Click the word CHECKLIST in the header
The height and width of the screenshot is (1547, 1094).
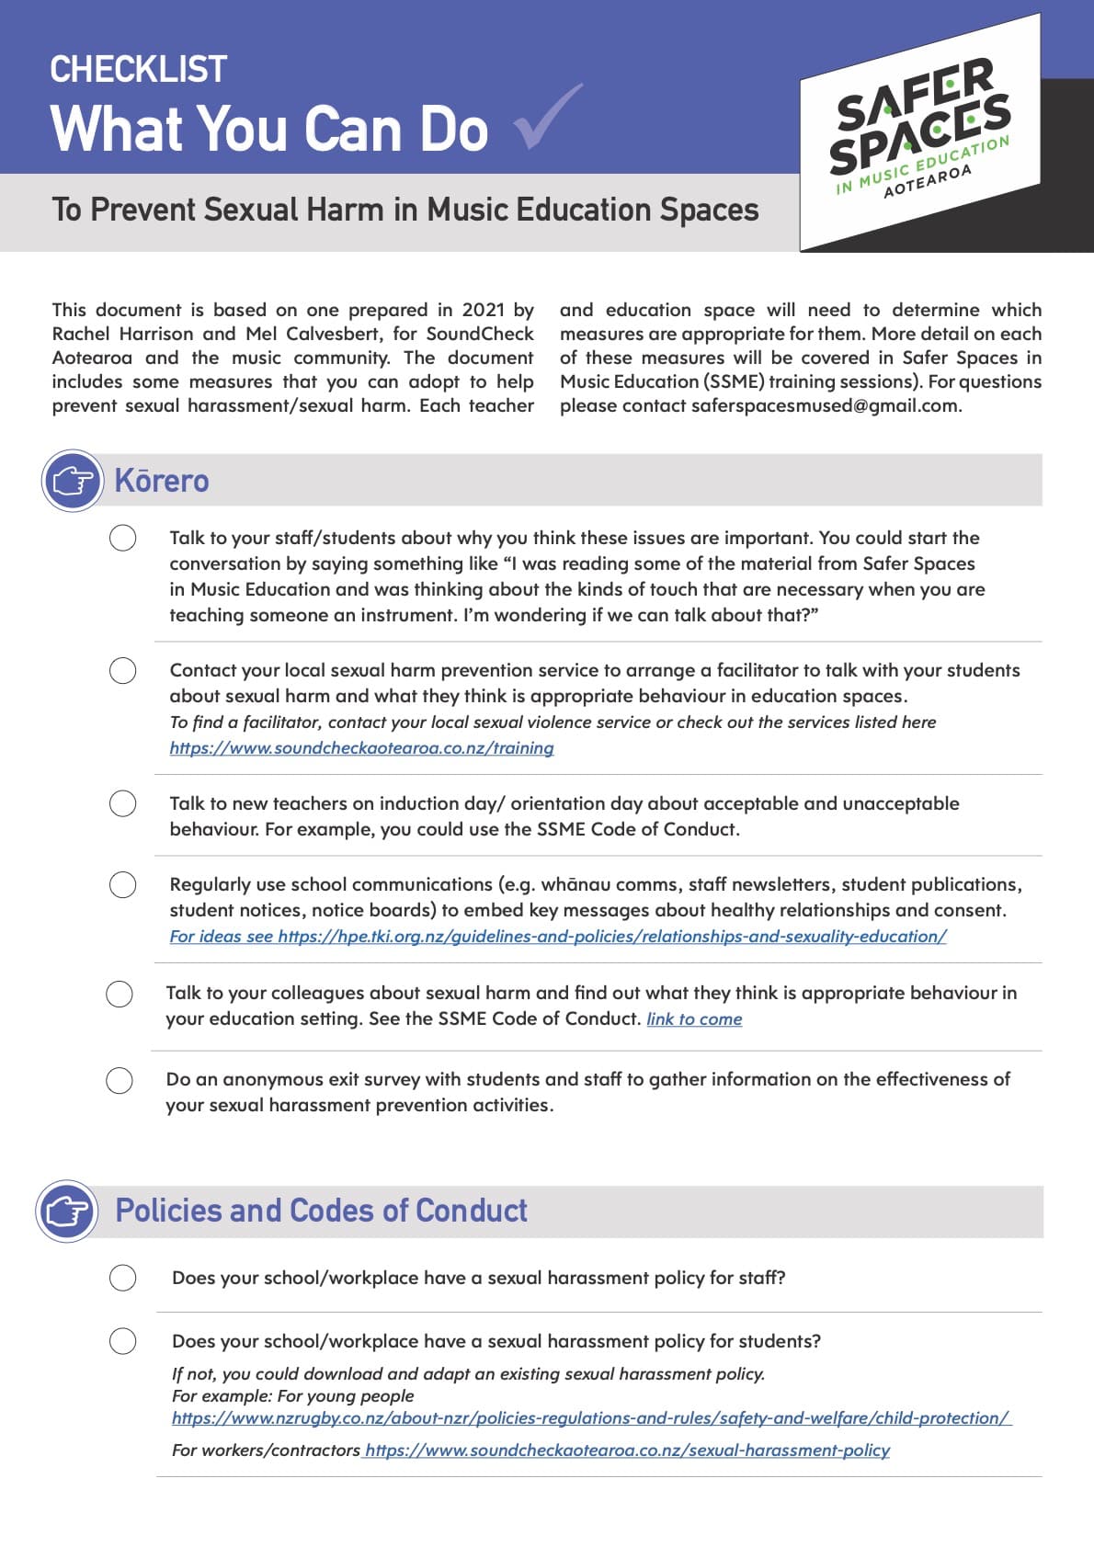[138, 69]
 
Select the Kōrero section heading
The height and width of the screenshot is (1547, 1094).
[162, 481]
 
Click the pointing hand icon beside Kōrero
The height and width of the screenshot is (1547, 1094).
[73, 481]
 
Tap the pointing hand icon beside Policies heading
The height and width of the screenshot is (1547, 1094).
[67, 1211]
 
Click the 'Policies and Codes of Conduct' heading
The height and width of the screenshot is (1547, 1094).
[321, 1211]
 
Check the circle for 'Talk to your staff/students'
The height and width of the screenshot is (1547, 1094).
[123, 538]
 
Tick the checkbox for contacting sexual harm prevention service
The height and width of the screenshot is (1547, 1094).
[123, 671]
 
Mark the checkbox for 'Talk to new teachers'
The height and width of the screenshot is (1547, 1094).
[123, 803]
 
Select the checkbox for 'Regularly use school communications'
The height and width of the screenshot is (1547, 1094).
[123, 885]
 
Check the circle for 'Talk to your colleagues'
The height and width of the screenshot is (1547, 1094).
[120, 994]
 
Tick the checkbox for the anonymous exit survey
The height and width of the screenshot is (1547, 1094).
[120, 1080]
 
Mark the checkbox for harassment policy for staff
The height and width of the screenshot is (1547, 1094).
[123, 1278]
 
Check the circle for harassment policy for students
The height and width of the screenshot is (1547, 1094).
[123, 1341]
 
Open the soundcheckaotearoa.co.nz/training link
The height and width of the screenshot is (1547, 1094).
[361, 748]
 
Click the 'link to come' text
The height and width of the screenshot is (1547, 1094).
[694, 1019]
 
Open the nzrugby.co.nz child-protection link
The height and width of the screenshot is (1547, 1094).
[590, 1418]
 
